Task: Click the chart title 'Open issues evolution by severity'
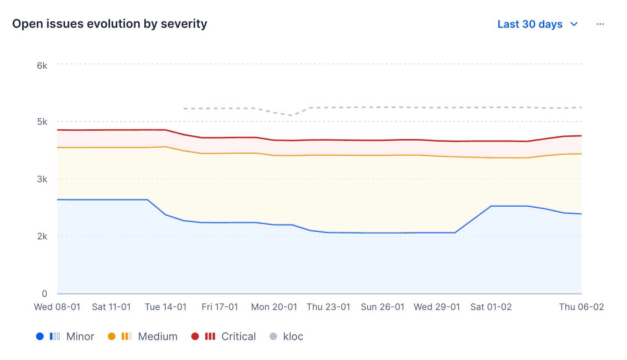pos(109,24)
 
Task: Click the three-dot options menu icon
pos(600,24)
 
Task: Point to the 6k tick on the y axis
pos(42,66)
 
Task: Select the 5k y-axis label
pos(42,122)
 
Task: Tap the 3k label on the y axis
pos(42,179)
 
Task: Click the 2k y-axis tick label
pos(42,236)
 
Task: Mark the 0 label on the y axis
pos(44,294)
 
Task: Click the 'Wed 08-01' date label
pos(57,307)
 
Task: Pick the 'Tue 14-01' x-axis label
pos(166,307)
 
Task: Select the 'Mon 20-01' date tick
pos(274,307)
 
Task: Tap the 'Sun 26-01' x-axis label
pos(382,307)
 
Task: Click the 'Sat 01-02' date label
pos(491,307)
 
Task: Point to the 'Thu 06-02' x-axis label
pos(581,307)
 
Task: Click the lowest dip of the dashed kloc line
pos(292,115)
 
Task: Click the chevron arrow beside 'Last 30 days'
pos(574,24)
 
